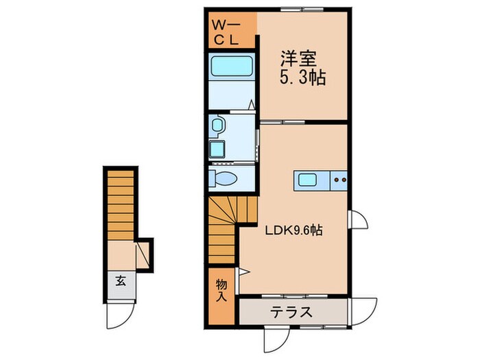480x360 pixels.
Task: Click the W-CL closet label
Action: point(226,32)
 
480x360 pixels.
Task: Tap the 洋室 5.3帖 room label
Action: point(302,69)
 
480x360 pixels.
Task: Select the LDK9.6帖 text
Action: point(293,230)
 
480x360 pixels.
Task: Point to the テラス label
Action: point(291,313)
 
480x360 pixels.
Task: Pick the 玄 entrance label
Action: point(121,280)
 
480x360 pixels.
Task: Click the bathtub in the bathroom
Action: point(232,67)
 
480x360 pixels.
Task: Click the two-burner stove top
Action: point(340,180)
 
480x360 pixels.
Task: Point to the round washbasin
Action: point(217,125)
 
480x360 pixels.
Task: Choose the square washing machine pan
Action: point(217,149)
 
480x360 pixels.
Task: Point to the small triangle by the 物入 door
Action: point(244,272)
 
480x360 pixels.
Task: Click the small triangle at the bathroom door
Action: point(252,104)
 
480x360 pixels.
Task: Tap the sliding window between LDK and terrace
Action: point(294,296)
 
